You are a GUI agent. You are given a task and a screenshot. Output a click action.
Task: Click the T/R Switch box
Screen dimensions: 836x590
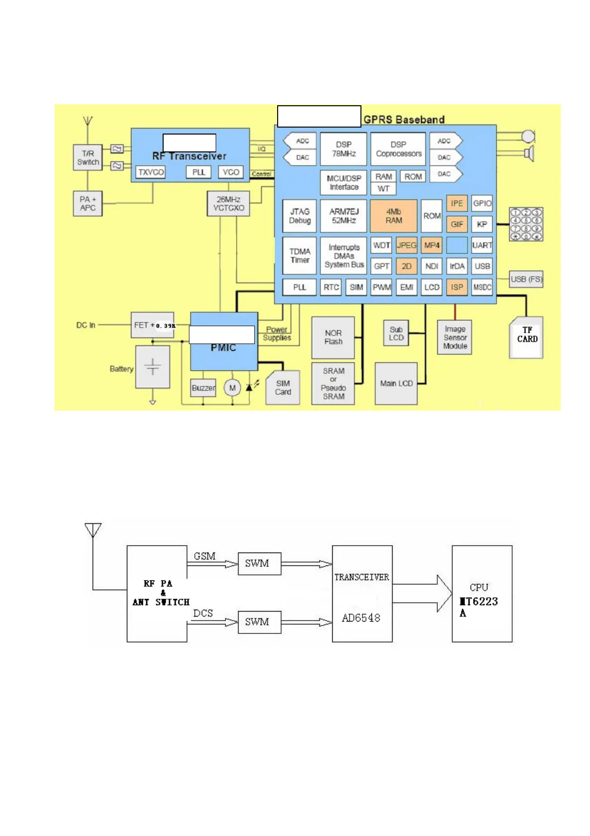(88, 158)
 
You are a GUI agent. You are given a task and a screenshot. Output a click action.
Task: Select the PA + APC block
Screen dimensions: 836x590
(88, 204)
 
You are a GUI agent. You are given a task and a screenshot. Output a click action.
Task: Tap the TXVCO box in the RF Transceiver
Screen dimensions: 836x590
(151, 172)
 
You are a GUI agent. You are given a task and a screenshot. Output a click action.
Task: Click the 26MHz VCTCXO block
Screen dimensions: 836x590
(228, 204)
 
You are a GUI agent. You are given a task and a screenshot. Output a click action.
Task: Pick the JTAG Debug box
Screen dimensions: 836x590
(299, 216)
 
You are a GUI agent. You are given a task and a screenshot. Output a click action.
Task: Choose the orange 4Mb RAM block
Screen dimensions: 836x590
(394, 216)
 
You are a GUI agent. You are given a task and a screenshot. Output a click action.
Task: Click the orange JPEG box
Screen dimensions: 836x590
(407, 245)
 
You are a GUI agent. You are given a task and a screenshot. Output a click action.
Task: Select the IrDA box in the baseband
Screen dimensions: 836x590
(457, 266)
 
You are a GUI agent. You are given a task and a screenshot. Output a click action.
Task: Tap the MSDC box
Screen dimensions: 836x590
(482, 287)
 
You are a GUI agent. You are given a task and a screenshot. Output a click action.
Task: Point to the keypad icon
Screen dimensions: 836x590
(526, 224)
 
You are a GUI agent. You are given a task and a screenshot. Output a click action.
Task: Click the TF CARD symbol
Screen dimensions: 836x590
(527, 338)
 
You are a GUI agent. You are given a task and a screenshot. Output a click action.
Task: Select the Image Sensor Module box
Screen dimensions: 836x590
(455, 338)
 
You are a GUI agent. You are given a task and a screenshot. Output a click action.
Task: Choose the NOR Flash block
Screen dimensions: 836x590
(333, 338)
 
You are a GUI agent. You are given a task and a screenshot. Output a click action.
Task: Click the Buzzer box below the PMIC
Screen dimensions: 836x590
(203, 388)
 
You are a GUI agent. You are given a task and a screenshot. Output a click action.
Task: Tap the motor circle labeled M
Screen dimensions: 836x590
(232, 388)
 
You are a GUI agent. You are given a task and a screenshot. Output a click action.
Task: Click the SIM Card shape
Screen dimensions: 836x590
(283, 388)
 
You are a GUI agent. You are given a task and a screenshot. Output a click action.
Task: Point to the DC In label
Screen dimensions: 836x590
(86, 325)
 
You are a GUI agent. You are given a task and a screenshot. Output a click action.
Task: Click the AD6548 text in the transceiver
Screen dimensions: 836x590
(361, 618)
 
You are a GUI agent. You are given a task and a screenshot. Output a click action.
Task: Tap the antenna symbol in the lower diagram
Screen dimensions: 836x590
(93, 530)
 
